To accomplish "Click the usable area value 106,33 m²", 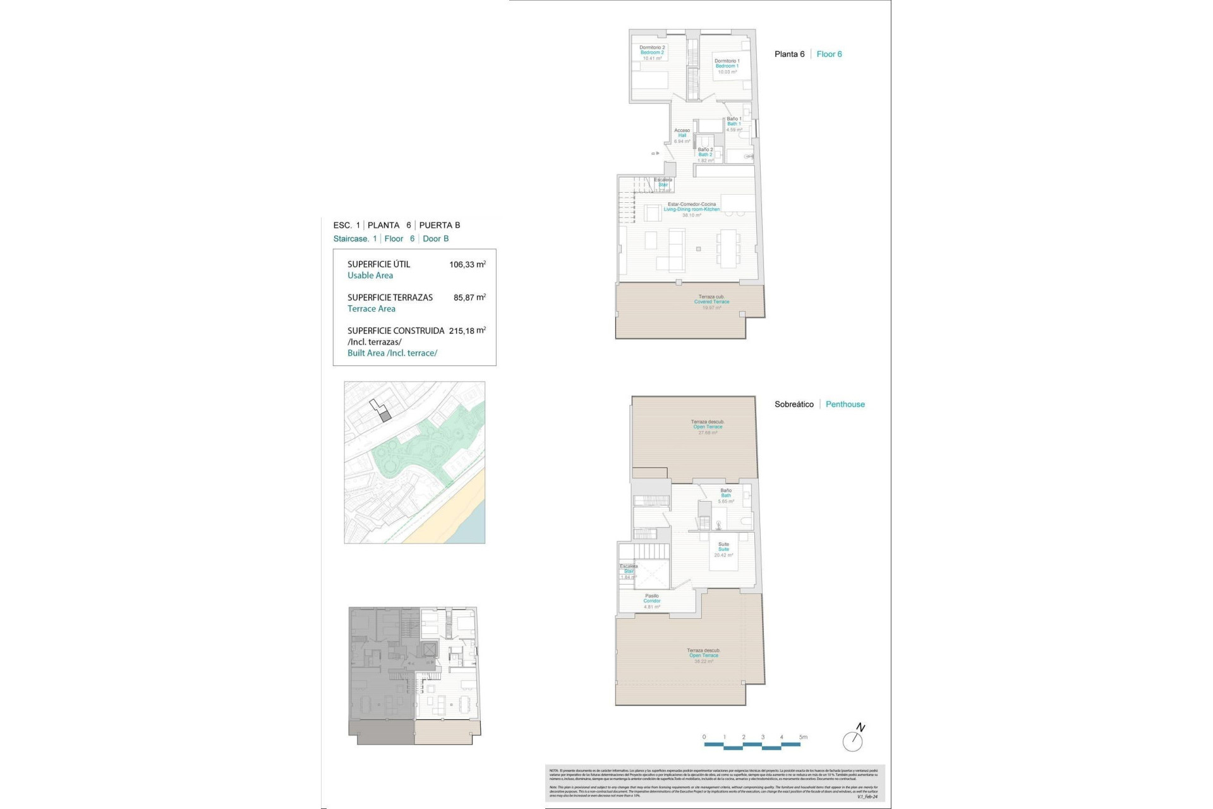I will [x=467, y=265].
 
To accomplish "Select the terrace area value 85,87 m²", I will [x=469, y=298].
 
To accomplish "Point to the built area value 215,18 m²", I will [x=467, y=331].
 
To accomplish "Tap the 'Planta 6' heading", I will [x=789, y=54].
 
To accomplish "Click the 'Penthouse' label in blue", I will [x=845, y=404].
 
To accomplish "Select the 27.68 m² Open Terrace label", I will [x=708, y=427].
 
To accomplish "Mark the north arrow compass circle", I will [x=852, y=741].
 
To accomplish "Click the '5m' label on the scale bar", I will [x=803, y=737].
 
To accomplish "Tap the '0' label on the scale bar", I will [x=704, y=737].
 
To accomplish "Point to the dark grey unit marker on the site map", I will [x=386, y=415].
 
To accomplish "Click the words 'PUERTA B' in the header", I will [x=440, y=226].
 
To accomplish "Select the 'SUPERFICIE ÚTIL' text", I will [x=378, y=265].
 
